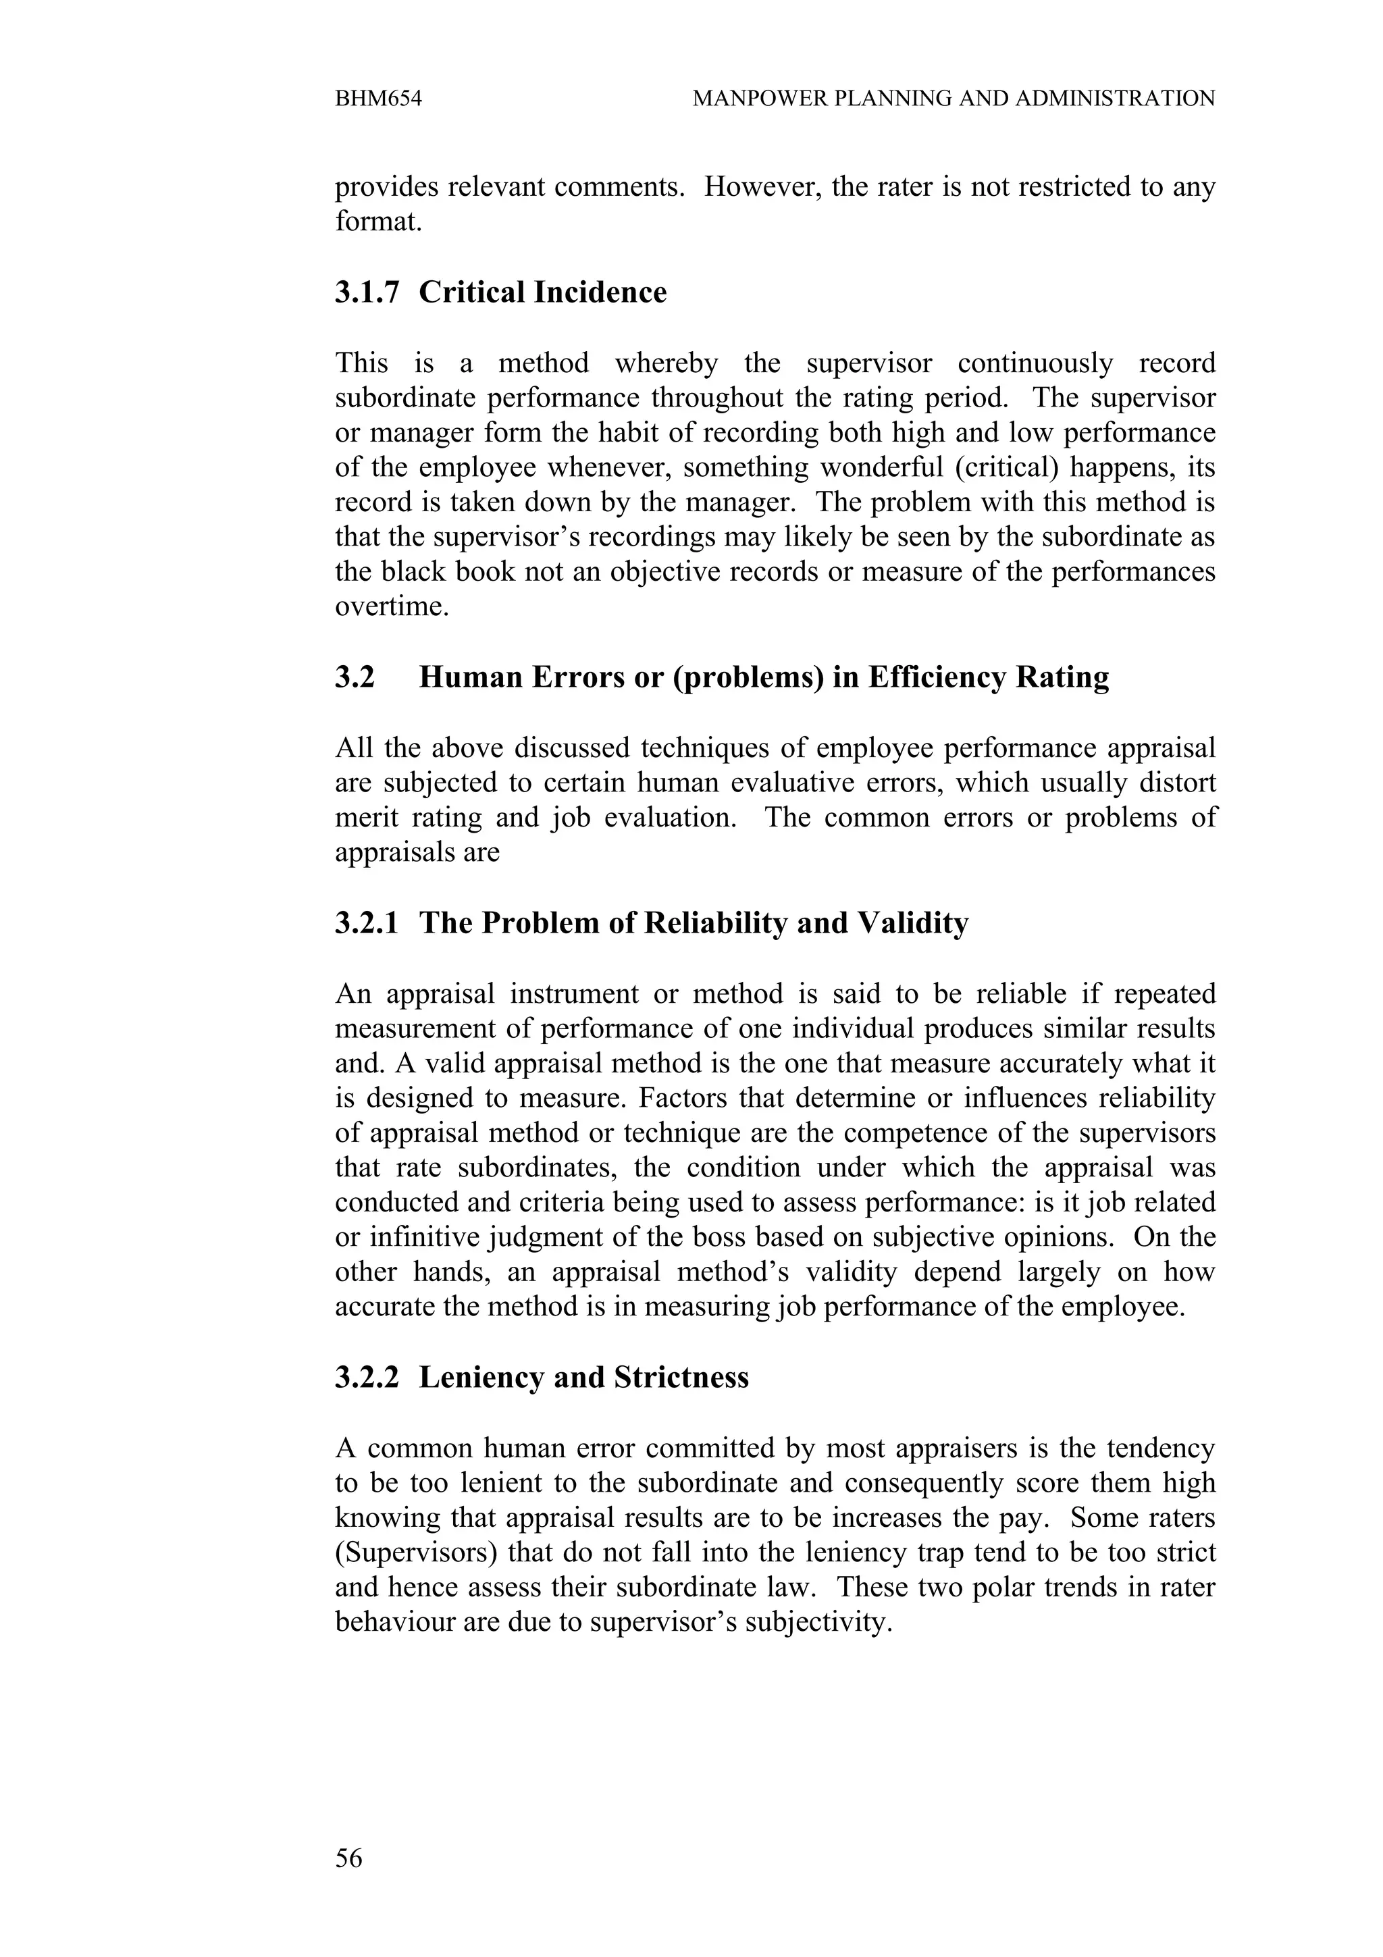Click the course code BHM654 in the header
click(378, 99)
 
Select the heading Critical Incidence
click(543, 292)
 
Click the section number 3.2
click(355, 677)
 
